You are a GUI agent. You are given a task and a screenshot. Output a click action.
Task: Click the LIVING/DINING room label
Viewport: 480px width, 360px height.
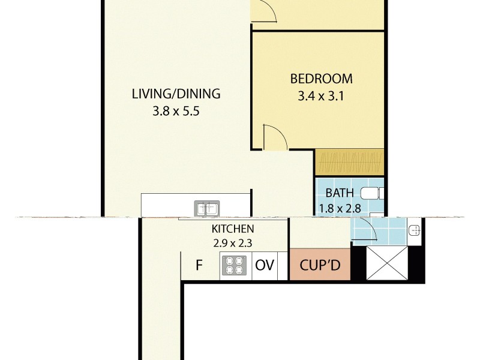point(176,94)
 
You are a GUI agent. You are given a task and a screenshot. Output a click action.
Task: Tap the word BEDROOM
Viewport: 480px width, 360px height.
point(321,79)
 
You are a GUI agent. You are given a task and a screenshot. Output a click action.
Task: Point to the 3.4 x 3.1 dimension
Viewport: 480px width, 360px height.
point(321,95)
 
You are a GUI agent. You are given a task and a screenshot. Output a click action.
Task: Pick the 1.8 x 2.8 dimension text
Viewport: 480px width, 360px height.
point(340,209)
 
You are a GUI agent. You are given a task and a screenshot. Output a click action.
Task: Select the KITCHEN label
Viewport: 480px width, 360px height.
point(233,229)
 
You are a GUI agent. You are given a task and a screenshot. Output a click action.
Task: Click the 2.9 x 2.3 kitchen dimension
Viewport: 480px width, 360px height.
point(233,244)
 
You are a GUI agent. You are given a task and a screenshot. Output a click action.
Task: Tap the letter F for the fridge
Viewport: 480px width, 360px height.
point(199,265)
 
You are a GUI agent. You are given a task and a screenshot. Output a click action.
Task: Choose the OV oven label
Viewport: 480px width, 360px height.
point(265,265)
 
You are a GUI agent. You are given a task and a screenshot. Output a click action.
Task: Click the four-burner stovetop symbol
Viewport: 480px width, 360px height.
point(235,265)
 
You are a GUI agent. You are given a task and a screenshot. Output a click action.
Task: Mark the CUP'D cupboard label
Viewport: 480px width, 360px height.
point(320,265)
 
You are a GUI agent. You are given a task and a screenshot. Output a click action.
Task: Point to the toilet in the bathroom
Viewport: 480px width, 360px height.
point(372,193)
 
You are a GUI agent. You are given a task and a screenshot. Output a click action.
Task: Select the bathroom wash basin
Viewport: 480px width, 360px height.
point(414,230)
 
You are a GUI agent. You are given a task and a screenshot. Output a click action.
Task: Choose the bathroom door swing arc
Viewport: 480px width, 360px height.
point(365,230)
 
